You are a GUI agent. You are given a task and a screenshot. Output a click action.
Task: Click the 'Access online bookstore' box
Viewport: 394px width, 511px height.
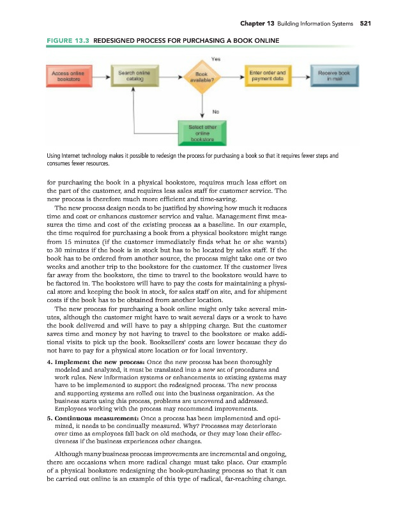coord(68,77)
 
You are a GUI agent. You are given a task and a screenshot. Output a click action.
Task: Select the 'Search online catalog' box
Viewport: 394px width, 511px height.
coord(133,77)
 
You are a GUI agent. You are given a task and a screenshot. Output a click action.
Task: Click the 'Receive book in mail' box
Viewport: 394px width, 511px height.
coord(334,77)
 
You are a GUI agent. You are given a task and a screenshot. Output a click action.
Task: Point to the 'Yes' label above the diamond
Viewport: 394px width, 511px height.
coord(216,57)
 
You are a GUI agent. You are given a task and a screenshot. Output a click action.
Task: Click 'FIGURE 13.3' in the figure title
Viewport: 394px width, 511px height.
coord(67,41)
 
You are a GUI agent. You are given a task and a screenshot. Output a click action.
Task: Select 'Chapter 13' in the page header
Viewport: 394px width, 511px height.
coord(257,24)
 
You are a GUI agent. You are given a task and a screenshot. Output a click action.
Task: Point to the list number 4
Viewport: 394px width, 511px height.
coord(50,362)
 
